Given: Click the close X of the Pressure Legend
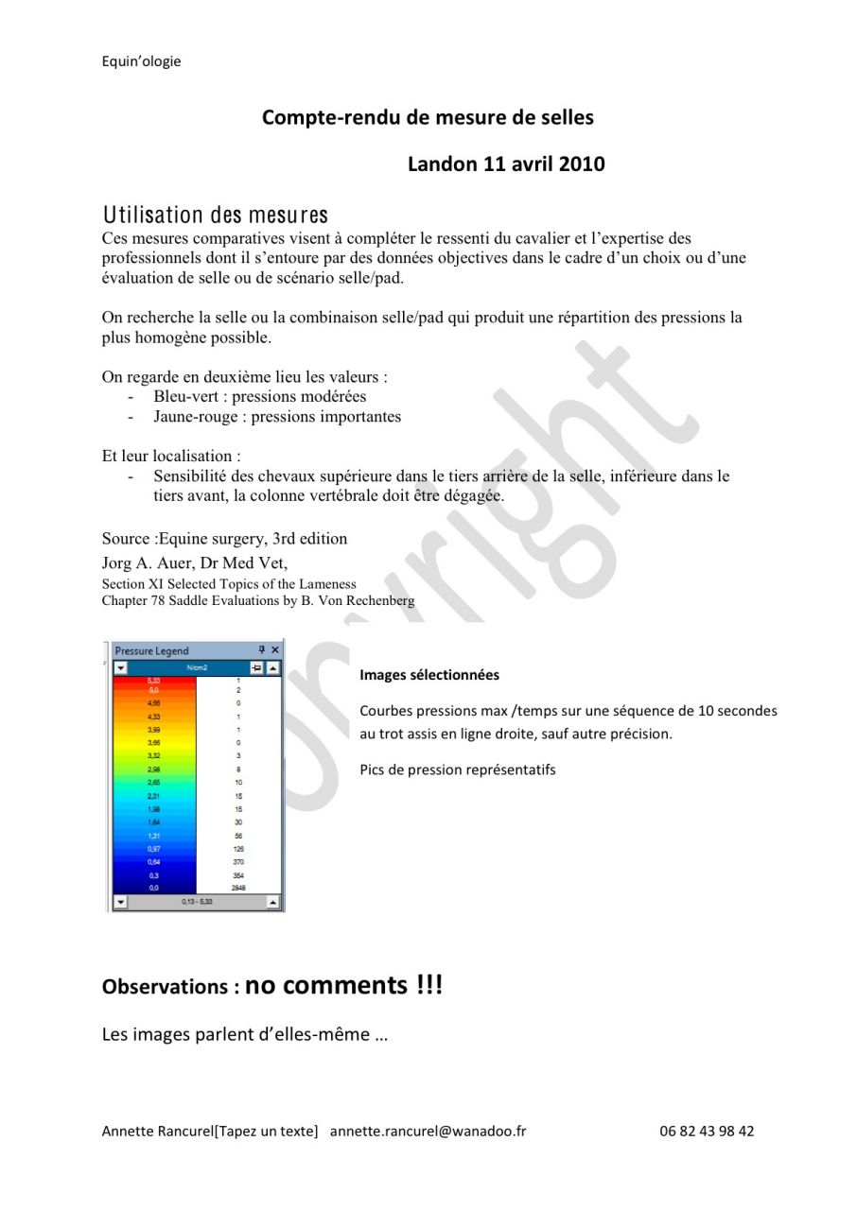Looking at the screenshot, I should pos(275,650).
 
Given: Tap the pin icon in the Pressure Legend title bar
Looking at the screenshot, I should pos(262,650).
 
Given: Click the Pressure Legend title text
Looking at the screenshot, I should pos(151,650).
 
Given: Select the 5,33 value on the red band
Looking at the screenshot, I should pos(153,681).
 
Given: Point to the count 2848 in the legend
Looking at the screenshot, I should pos(238,888).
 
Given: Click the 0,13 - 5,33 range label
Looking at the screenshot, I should pos(197,903).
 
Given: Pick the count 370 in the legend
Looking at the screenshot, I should pos(238,862).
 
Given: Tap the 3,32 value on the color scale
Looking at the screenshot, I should pos(153,756).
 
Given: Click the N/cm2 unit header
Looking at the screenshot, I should pos(197,667).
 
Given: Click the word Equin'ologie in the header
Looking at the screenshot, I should pos(141,61).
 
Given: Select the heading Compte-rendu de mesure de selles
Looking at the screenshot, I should pos(428,117).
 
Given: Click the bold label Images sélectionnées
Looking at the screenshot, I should pos(429,675).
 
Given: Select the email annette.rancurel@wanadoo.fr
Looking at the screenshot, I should pos(428,1131).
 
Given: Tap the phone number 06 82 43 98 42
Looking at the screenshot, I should pos(707,1131).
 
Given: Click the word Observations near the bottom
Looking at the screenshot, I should pos(165,987).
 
